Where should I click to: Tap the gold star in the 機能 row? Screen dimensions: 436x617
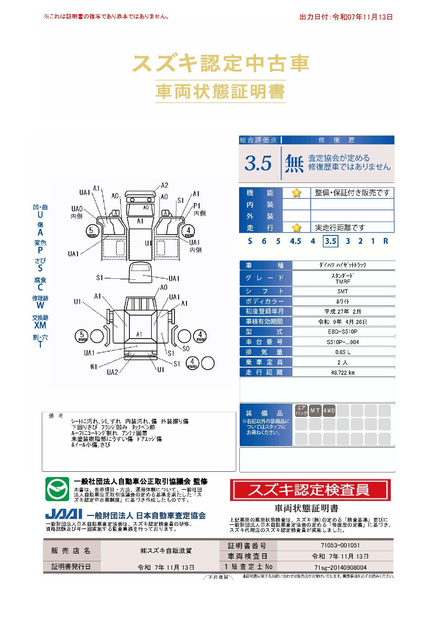(297, 193)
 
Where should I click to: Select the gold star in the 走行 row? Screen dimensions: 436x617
(297, 227)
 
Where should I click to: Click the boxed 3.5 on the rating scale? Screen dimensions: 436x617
(331, 241)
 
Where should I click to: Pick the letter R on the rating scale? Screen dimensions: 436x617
(386, 241)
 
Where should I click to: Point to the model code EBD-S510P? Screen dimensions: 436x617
(343, 332)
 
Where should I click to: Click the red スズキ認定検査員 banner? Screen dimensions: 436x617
(310, 490)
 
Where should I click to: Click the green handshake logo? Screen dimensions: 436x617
(57, 489)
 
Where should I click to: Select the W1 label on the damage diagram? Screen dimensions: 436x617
(93, 367)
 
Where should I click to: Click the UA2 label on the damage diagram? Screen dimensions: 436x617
(112, 372)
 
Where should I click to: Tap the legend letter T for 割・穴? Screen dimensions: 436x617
(40, 344)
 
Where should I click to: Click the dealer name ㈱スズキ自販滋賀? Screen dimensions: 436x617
(166, 551)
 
